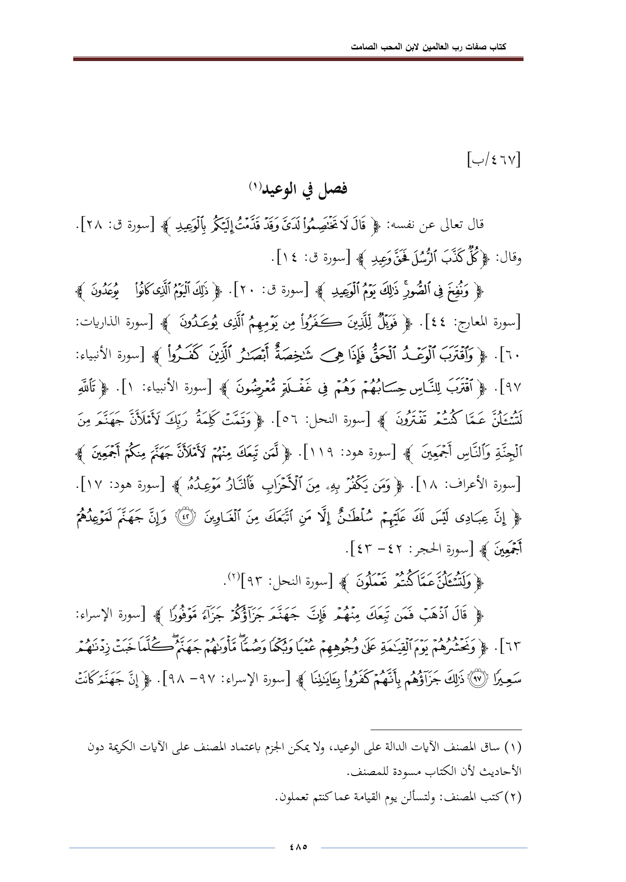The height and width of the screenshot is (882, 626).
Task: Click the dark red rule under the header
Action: [298, 60]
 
